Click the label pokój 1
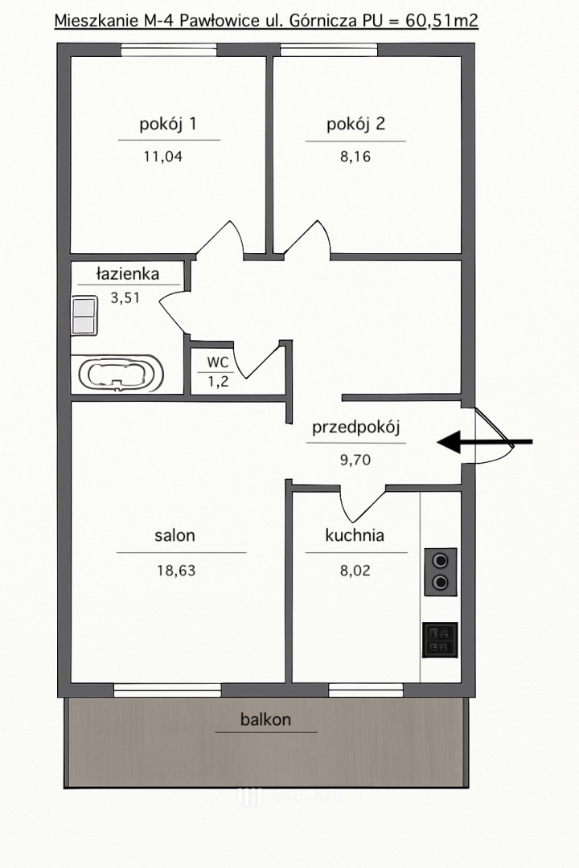[x=168, y=124]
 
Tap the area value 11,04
[x=163, y=157]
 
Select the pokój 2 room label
[x=355, y=124]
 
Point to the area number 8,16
[x=355, y=157]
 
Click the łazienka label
[x=128, y=273]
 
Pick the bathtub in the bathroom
[x=121, y=374]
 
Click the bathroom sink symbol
[x=84, y=316]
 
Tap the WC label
[x=218, y=362]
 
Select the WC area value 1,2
[x=218, y=382]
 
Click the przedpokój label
[x=355, y=428]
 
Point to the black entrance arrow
[x=485, y=442]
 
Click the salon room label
[x=175, y=535]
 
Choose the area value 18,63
[x=176, y=570]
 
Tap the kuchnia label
[x=355, y=535]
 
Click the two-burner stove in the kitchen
[x=441, y=572]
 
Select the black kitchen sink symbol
[x=441, y=640]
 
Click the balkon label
[x=266, y=719]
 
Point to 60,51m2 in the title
[x=441, y=21]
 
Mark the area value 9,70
[x=355, y=460]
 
